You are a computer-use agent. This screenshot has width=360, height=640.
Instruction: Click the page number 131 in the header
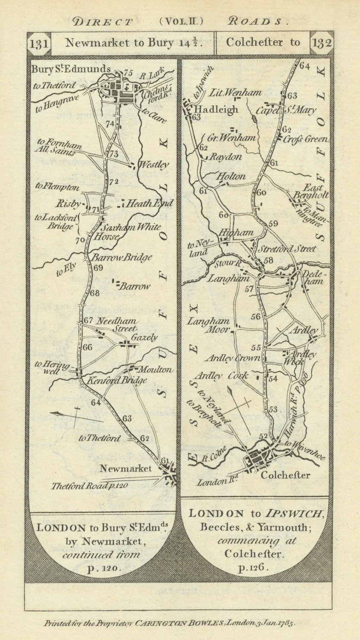39,44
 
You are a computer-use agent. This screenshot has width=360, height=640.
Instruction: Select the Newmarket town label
125,468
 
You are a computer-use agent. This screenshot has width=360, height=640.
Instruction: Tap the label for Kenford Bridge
117,380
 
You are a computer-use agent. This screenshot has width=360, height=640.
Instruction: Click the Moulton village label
156,370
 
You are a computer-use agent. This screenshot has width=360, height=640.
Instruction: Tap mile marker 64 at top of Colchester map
304,66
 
